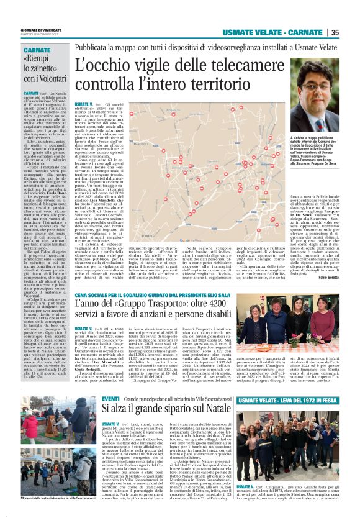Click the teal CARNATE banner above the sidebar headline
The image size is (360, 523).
tap(38, 49)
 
